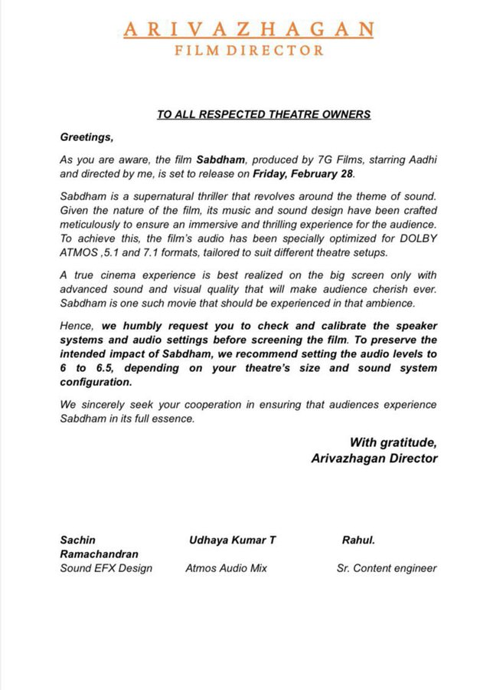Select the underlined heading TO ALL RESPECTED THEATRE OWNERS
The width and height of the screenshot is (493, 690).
coord(263,114)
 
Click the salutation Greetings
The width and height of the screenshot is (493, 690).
coord(87,137)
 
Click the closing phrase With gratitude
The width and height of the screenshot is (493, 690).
coord(393,442)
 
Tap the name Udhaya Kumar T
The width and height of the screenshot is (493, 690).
coord(232,540)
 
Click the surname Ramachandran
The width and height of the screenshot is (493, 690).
coord(100,554)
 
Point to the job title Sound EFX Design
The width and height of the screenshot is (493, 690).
coord(106,568)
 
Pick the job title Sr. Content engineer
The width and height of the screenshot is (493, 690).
coord(387,568)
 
